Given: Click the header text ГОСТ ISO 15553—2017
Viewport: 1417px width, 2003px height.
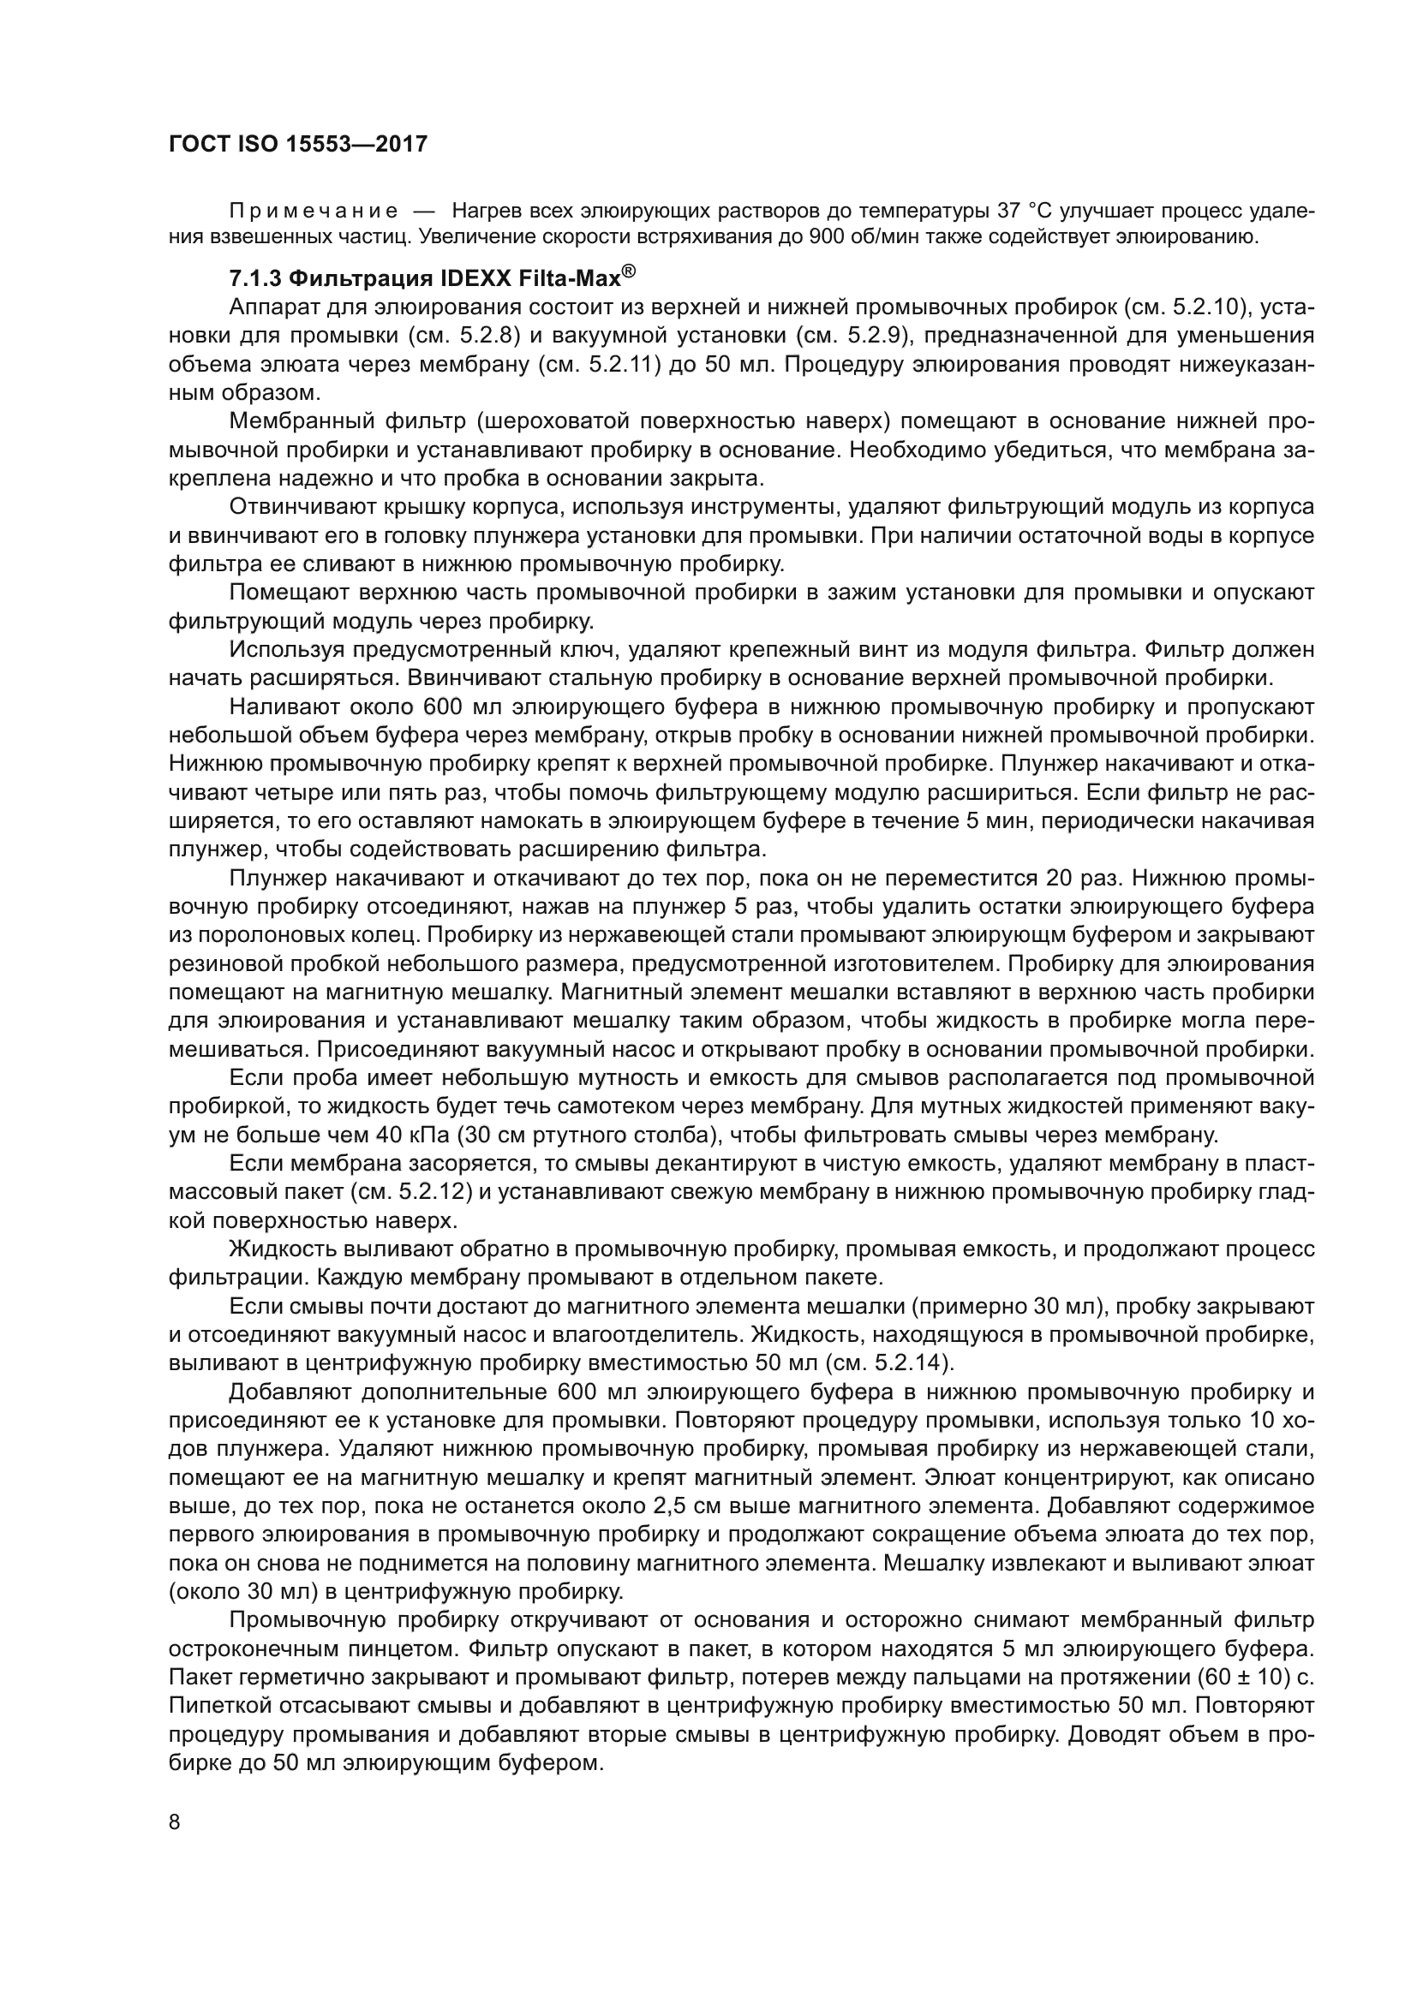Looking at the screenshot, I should pos(297,145).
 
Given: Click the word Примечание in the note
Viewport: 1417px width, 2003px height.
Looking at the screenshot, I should pos(314,212).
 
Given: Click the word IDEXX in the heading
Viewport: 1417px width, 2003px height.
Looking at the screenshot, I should pos(478,279).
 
